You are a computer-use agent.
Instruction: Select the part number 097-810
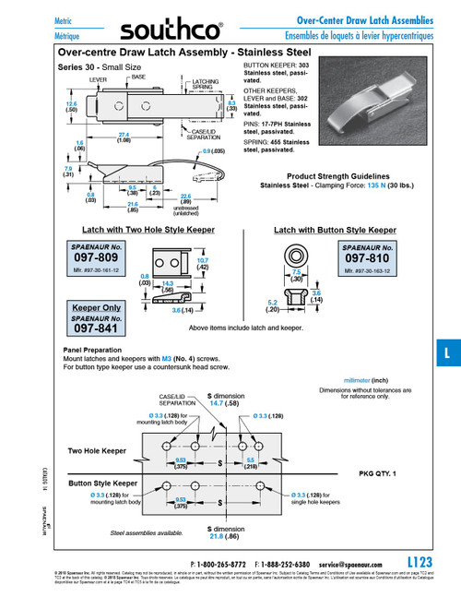click(x=366, y=259)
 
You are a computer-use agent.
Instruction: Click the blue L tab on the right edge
click(x=447, y=353)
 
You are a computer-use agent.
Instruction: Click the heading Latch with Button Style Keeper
click(x=335, y=229)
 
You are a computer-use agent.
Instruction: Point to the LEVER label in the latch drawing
click(x=98, y=80)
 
